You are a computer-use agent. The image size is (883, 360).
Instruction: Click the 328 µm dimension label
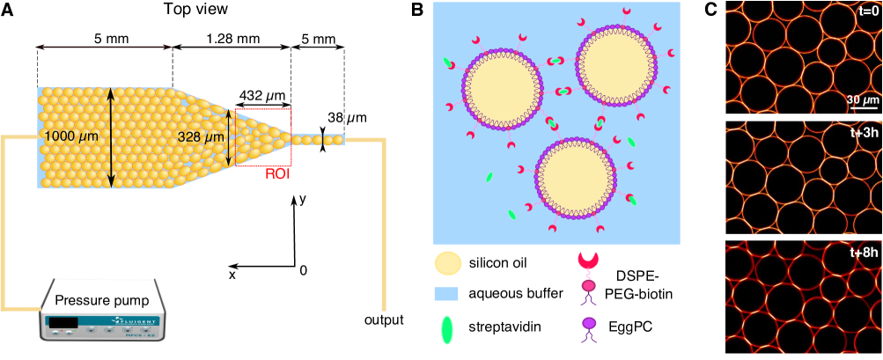pyautogui.click(x=202, y=136)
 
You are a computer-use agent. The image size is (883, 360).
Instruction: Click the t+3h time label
pyautogui.click(x=864, y=133)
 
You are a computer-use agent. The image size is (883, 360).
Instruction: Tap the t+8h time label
pyautogui.click(x=864, y=253)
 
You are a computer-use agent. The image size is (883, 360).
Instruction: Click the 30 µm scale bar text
pyautogui.click(x=862, y=99)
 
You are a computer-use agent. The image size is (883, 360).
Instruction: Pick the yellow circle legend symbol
pyautogui.click(x=447, y=262)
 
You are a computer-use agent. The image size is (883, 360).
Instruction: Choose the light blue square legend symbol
pyautogui.click(x=446, y=294)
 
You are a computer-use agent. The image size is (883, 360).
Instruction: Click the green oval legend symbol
pyautogui.click(x=447, y=328)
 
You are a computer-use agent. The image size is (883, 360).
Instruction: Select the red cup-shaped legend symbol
pyautogui.click(x=588, y=261)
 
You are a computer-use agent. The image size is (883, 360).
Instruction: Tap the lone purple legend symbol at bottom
pyautogui.click(x=588, y=328)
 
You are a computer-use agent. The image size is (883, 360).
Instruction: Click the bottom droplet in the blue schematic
pyautogui.click(x=576, y=180)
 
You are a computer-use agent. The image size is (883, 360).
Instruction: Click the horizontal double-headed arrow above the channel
pyautogui.click(x=103, y=47)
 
